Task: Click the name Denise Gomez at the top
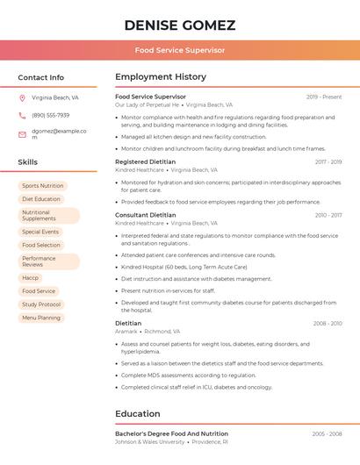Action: [x=180, y=24]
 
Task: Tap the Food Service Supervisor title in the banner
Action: [x=180, y=50]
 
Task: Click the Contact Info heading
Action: [x=40, y=77]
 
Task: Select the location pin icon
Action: [x=22, y=98]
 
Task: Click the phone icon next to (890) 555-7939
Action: [x=22, y=115]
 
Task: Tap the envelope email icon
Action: [x=22, y=134]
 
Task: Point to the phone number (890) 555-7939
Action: [x=50, y=115]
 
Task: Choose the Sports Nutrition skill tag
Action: [x=42, y=186]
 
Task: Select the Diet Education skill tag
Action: [x=41, y=199]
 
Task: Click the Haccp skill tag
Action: [x=31, y=277]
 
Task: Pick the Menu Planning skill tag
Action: [x=41, y=318]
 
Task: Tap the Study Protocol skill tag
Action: [x=41, y=304]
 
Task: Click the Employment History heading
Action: [x=160, y=77]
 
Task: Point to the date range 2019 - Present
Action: [x=324, y=97]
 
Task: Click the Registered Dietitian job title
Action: [x=145, y=162]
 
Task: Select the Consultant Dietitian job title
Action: [x=145, y=215]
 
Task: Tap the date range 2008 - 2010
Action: [x=328, y=324]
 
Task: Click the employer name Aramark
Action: [x=126, y=332]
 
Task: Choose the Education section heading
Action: [x=137, y=413]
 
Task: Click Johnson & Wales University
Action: [x=150, y=442]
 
